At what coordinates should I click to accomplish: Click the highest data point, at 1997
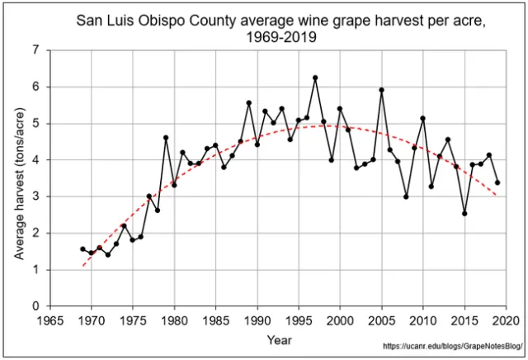coord(315,78)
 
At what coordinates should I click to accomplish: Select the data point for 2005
coord(382,90)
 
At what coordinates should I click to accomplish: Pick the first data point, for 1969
coord(82,249)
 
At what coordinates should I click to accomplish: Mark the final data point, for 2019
coord(497,182)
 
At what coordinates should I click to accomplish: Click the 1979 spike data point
coord(166,137)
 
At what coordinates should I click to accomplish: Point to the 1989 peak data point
coord(248,102)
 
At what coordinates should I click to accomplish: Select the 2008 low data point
coord(407,197)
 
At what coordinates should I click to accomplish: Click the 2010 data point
coord(423,118)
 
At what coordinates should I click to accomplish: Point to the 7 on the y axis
coord(35,50)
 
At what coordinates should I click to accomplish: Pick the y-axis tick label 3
coord(35,197)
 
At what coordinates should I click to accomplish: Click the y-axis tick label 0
coord(35,306)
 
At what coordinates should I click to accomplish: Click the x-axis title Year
coord(278,339)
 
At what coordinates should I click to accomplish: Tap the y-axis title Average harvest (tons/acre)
coord(17,178)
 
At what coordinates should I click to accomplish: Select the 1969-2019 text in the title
coord(281,37)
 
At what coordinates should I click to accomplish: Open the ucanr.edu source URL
coord(453,348)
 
